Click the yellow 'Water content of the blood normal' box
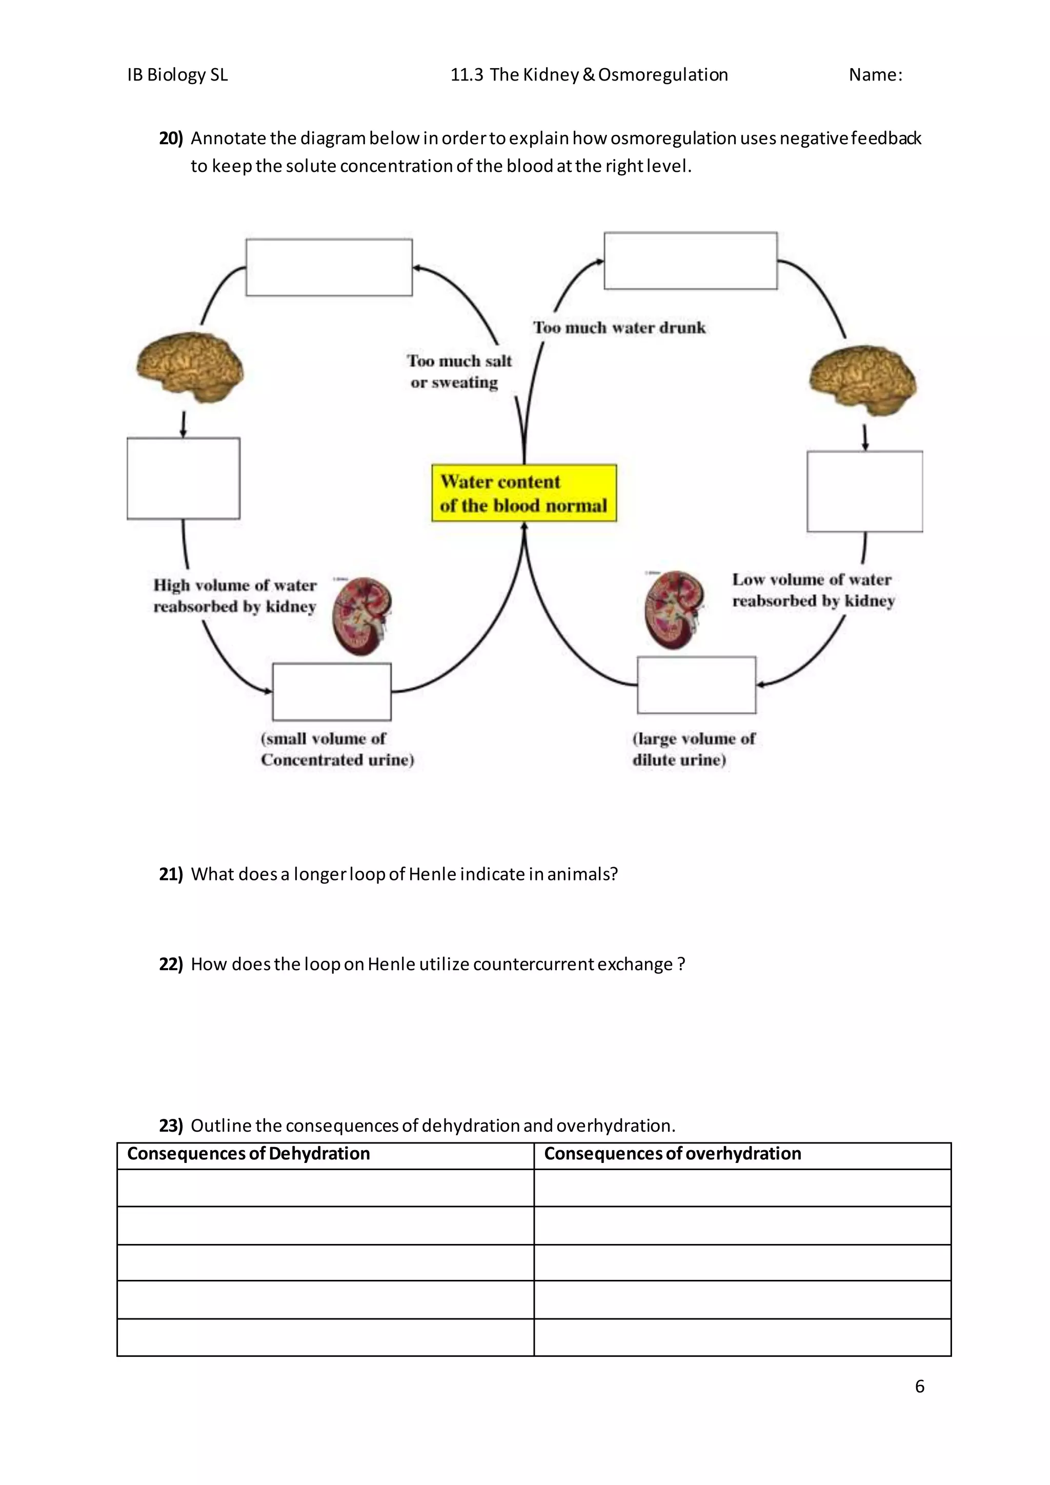[x=523, y=493]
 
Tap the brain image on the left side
[x=189, y=367]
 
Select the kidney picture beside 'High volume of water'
[x=362, y=616]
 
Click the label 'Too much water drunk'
[x=619, y=328]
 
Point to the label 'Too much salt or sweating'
[x=458, y=371]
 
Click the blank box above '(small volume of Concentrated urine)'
[x=332, y=691]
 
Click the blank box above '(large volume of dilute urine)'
[x=696, y=685]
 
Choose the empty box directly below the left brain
[x=184, y=478]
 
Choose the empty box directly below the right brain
[x=864, y=492]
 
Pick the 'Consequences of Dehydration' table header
[x=249, y=1154]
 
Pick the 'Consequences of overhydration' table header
[x=673, y=1154]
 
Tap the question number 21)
[x=171, y=874]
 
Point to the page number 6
[x=919, y=1386]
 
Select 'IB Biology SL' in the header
[x=178, y=75]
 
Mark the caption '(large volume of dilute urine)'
[x=693, y=749]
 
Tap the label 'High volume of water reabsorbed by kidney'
[x=235, y=596]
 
